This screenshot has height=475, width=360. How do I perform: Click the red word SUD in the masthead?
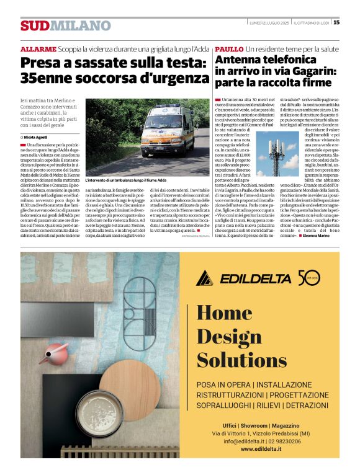point(34,25)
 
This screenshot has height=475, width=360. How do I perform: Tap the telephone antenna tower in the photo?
point(275,154)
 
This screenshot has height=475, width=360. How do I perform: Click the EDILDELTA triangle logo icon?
point(205,278)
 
